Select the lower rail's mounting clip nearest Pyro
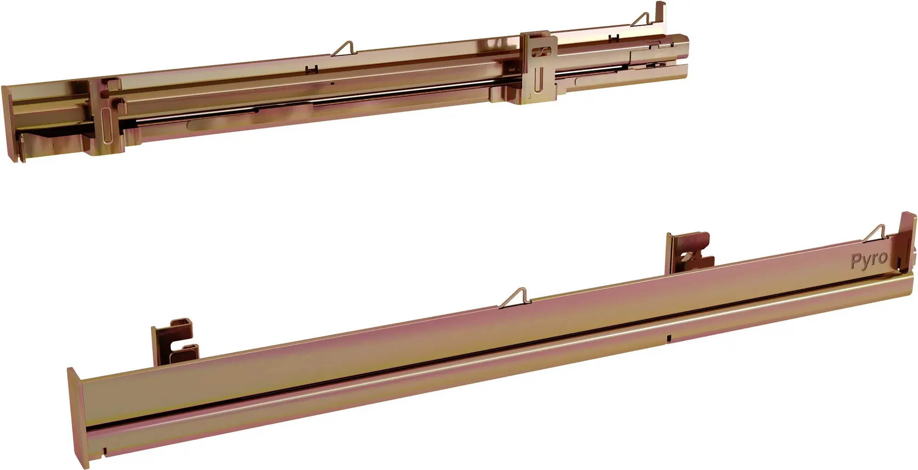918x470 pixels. coord(689,254)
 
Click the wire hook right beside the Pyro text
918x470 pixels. coord(874,233)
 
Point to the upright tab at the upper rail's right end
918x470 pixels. coord(660,17)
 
